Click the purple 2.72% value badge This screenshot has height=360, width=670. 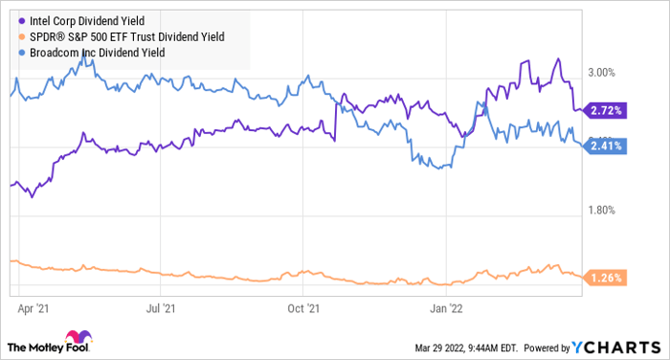pos(608,111)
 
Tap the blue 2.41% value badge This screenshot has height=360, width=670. pos(608,146)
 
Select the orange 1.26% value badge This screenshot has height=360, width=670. pos(608,279)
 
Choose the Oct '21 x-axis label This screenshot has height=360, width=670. pos(301,308)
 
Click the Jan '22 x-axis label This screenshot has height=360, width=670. pos(447,308)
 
